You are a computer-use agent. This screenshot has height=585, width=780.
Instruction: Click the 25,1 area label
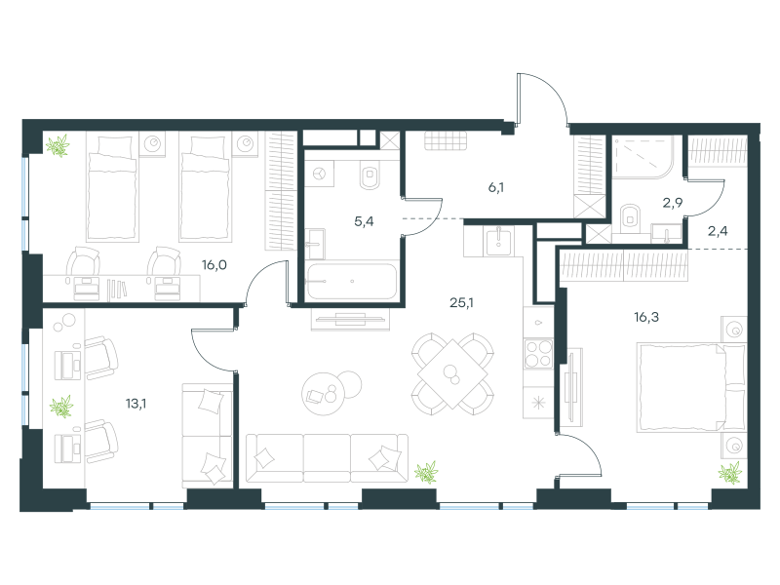[461, 302]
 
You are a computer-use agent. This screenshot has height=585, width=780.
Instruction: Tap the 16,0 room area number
[214, 265]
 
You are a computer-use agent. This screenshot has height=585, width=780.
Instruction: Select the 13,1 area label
[136, 404]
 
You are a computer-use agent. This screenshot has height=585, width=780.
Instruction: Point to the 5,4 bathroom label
[364, 222]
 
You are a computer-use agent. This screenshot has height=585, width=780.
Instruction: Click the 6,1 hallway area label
[496, 187]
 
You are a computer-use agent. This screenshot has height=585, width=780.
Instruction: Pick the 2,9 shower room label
[672, 203]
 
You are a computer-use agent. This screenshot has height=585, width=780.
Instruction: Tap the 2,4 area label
[718, 231]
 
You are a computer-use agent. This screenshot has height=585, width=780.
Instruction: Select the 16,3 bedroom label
[646, 317]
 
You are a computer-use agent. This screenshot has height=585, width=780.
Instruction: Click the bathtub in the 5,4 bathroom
[352, 281]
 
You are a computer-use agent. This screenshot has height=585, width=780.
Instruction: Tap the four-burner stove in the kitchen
[538, 354]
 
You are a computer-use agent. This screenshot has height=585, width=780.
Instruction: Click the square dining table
[452, 373]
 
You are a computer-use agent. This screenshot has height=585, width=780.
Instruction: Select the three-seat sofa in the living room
[327, 457]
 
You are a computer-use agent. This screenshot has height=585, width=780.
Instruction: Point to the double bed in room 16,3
[691, 386]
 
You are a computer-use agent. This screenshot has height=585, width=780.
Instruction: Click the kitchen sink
[498, 240]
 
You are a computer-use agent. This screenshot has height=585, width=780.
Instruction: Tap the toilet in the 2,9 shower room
[631, 218]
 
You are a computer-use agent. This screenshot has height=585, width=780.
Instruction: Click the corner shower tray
[643, 157]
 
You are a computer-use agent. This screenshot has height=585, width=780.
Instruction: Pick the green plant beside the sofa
[426, 472]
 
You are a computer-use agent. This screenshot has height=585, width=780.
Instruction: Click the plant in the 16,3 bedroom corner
[729, 473]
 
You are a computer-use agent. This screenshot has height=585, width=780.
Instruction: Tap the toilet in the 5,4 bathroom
[370, 175]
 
